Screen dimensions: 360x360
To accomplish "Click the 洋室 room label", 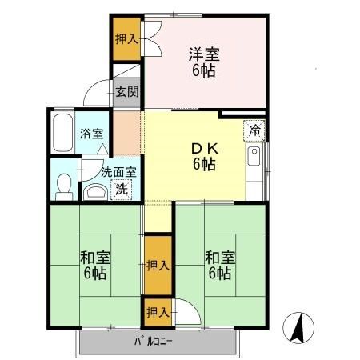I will tap(204, 54).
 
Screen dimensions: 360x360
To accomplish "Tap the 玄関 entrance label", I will tap(126, 92).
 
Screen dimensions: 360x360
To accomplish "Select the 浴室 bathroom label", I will tap(91, 134).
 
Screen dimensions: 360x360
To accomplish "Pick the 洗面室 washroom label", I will tap(118, 171).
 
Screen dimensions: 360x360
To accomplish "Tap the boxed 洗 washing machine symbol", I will tap(120, 190).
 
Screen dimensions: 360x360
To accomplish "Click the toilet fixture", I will tap(63, 185).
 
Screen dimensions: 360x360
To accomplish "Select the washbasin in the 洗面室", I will tap(94, 191).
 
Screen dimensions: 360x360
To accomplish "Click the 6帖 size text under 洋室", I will tap(204, 70).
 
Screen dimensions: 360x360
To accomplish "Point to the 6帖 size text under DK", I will tap(203, 165).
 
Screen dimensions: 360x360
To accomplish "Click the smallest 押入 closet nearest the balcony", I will tap(157, 311).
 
